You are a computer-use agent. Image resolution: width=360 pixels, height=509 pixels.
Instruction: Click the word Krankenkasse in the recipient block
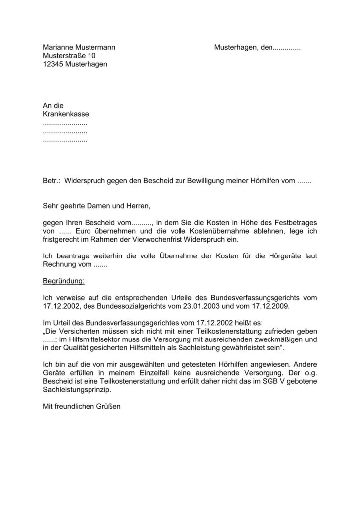tap(66, 114)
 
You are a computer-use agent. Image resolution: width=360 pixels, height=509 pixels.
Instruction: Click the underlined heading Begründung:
tap(64, 281)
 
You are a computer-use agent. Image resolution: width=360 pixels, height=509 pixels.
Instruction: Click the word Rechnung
tap(59, 264)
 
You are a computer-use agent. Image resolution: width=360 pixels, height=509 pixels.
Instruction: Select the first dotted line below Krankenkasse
tap(65, 123)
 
